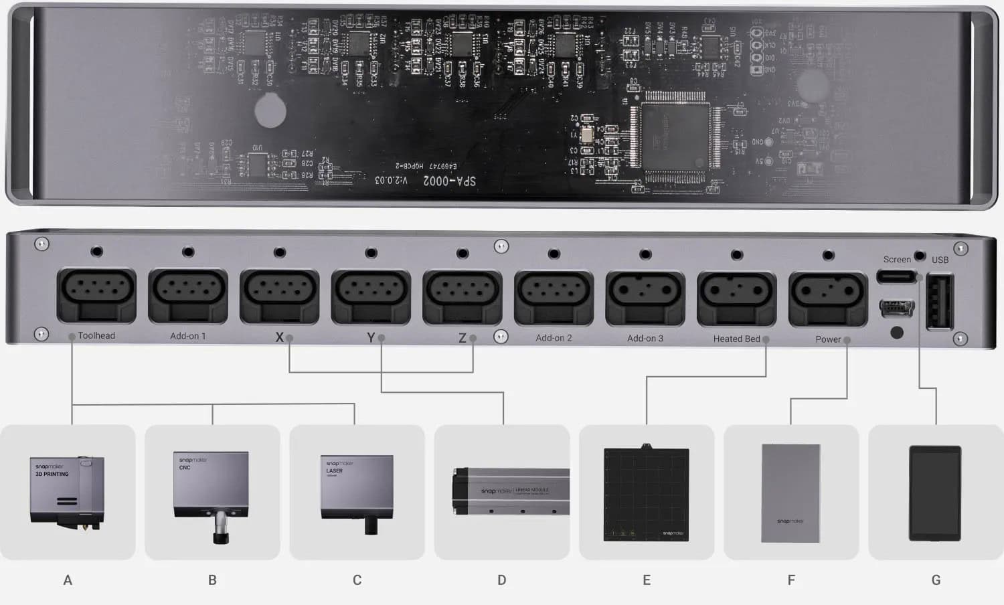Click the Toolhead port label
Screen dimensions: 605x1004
pyautogui.click(x=96, y=336)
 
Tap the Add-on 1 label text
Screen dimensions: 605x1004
pyautogui.click(x=187, y=336)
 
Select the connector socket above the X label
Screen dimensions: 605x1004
pyautogui.click(x=279, y=294)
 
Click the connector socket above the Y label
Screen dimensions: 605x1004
pyautogui.click(x=371, y=295)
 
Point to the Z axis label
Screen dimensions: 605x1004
pyautogui.click(x=462, y=338)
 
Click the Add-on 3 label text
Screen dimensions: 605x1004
pyautogui.click(x=645, y=339)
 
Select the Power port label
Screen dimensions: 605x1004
pyautogui.click(x=827, y=339)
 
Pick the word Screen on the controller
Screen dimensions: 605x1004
pyautogui.click(x=896, y=260)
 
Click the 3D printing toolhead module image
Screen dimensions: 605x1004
pyautogui.click(x=68, y=493)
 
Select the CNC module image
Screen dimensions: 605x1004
pyautogui.click(x=212, y=493)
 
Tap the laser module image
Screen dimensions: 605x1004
pyautogui.click(x=357, y=493)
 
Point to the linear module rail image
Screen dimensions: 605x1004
pyautogui.click(x=510, y=491)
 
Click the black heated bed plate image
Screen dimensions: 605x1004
pyautogui.click(x=646, y=494)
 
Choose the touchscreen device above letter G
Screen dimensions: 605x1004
pyautogui.click(x=935, y=493)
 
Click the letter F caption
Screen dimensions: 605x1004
pyautogui.click(x=791, y=580)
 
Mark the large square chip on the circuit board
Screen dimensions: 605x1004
pyautogui.click(x=675, y=137)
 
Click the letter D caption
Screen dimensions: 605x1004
pyautogui.click(x=501, y=580)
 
